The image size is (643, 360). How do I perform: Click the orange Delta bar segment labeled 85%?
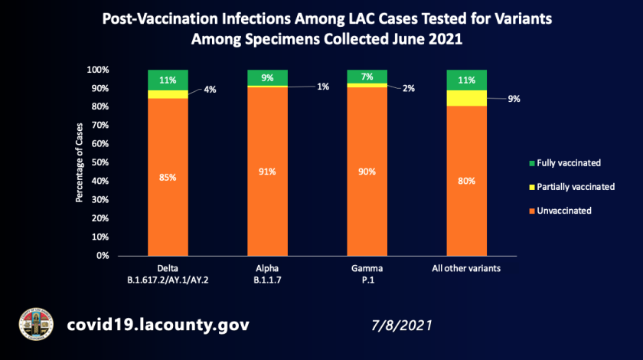(168, 177)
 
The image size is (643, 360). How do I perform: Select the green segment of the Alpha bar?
(267, 77)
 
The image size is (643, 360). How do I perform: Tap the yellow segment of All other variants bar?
(466, 98)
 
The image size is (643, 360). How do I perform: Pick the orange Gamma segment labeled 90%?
(367, 172)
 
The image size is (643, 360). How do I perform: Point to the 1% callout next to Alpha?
(323, 87)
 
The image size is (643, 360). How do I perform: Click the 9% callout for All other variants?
(514, 98)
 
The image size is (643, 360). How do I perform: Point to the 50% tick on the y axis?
(100, 162)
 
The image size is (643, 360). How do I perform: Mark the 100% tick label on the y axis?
(99, 70)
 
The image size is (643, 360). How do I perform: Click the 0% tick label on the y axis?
(103, 256)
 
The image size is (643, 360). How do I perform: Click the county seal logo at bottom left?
(35, 326)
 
